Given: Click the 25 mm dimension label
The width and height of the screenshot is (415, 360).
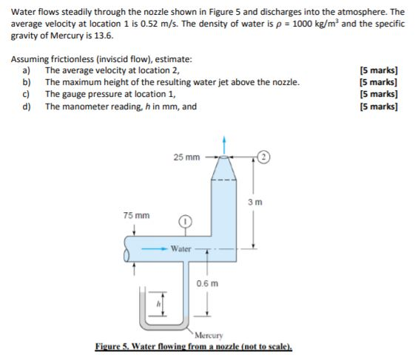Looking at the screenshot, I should point(186,157).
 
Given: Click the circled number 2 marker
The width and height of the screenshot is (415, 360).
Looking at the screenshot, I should point(264,156).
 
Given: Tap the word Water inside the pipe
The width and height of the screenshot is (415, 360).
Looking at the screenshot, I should point(181,248).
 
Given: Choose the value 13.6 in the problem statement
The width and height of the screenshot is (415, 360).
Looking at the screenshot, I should point(104,35).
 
